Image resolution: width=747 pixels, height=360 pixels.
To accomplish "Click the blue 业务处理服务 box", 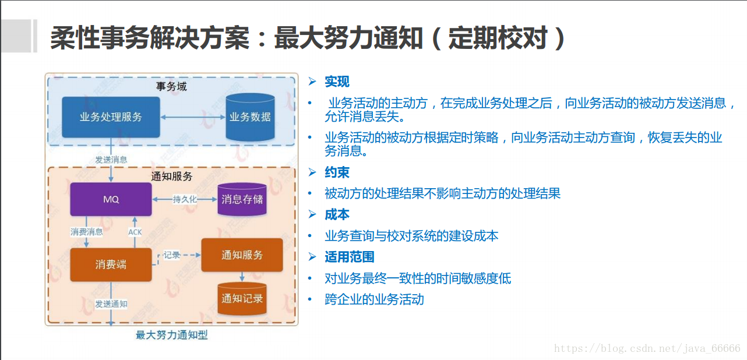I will click(111, 117).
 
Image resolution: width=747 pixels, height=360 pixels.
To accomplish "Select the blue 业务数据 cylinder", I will click(250, 117).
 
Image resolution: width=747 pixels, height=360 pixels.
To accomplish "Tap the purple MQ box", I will click(111, 199).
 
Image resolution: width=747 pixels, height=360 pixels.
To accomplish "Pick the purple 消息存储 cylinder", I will click(242, 199).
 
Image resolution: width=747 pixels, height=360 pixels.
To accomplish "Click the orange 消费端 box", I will click(111, 264).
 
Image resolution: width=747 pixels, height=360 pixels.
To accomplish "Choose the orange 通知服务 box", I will click(242, 255).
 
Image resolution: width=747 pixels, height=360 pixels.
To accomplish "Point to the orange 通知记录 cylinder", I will click(242, 299).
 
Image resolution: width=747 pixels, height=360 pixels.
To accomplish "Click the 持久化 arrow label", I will click(185, 199).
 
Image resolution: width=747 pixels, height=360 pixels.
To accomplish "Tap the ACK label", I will click(135, 232).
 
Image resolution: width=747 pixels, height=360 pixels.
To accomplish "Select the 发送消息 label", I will click(111, 159).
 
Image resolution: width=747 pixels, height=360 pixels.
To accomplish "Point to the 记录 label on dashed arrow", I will click(172, 255).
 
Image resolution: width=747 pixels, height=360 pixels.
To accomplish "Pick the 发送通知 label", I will click(111, 304).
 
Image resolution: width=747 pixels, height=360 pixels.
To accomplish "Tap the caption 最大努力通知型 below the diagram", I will click(171, 335).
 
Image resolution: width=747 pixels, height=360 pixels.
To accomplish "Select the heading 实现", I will click(337, 82).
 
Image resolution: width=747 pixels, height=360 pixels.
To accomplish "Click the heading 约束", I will click(337, 172).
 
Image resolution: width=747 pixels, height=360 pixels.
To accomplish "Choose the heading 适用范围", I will click(349, 257).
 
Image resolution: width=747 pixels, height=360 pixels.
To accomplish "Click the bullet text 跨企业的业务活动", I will click(374, 299).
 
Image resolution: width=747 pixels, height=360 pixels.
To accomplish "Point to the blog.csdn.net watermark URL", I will click(647, 348).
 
